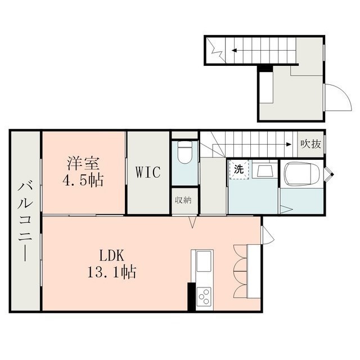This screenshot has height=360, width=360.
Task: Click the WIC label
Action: tap(148, 172)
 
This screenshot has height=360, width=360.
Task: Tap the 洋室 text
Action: tap(83, 163)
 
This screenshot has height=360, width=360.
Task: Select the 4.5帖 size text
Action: tap(83, 180)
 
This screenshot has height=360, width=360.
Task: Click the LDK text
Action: tap(112, 255)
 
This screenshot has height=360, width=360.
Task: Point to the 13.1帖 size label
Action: tap(111, 272)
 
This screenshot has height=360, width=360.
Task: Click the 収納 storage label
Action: tap(183, 200)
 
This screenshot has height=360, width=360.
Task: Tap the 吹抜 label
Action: tap(310, 144)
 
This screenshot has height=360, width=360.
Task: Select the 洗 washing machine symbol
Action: tap(238, 170)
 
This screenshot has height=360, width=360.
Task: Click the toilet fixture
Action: tap(185, 152)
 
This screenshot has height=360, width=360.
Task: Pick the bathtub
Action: tap(301, 174)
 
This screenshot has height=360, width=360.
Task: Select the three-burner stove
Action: tap(204, 296)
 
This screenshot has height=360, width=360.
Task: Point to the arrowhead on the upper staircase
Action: tap(234, 50)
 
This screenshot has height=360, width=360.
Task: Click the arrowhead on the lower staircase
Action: tap(289, 145)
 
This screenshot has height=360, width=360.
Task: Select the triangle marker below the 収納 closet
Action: tap(192, 223)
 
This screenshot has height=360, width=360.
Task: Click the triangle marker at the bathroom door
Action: tap(286, 210)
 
